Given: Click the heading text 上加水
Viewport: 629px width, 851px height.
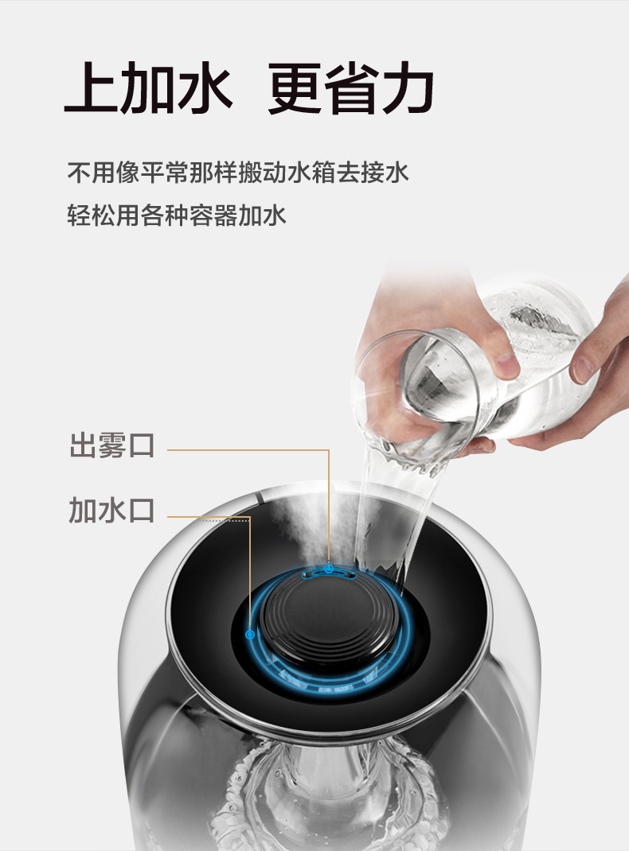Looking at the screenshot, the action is pos(148,87).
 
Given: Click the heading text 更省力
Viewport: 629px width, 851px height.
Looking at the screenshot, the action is pos(351,87).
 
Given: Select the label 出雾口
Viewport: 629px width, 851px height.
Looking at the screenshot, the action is pos(112,445).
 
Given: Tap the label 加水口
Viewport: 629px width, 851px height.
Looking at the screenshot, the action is pos(112,510).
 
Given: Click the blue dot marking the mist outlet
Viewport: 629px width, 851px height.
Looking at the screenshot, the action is pos(329,569).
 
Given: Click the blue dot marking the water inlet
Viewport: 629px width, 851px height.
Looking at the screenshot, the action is pos(250,634).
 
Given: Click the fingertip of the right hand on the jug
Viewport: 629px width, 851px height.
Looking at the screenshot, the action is pos(582,369).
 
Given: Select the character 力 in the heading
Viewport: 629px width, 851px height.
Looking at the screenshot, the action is pos(408,87).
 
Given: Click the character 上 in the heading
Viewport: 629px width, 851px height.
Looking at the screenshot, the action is pos(91,87).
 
